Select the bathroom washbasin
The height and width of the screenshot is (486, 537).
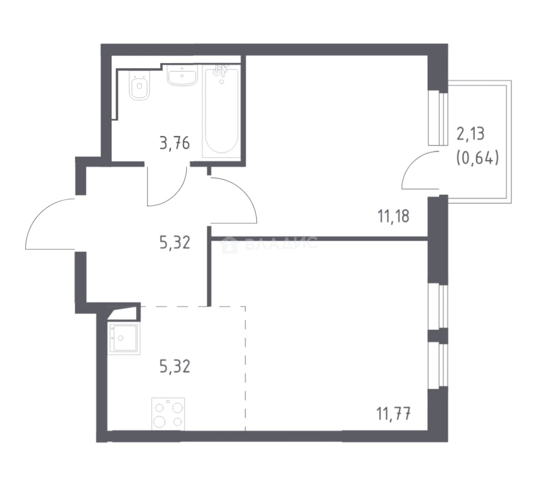click(182, 75)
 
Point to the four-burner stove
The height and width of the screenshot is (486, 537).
click(168, 414)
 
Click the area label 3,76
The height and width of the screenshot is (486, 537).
click(175, 143)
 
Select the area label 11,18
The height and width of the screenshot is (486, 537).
click(394, 216)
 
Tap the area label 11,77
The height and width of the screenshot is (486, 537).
click(394, 414)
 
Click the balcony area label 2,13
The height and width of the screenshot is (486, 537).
click(470, 134)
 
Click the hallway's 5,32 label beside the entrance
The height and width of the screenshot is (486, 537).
click(175, 243)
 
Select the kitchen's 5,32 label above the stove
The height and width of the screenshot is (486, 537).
click(175, 366)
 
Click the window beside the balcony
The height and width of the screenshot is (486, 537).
click(438, 117)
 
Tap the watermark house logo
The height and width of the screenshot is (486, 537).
click(230, 244)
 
